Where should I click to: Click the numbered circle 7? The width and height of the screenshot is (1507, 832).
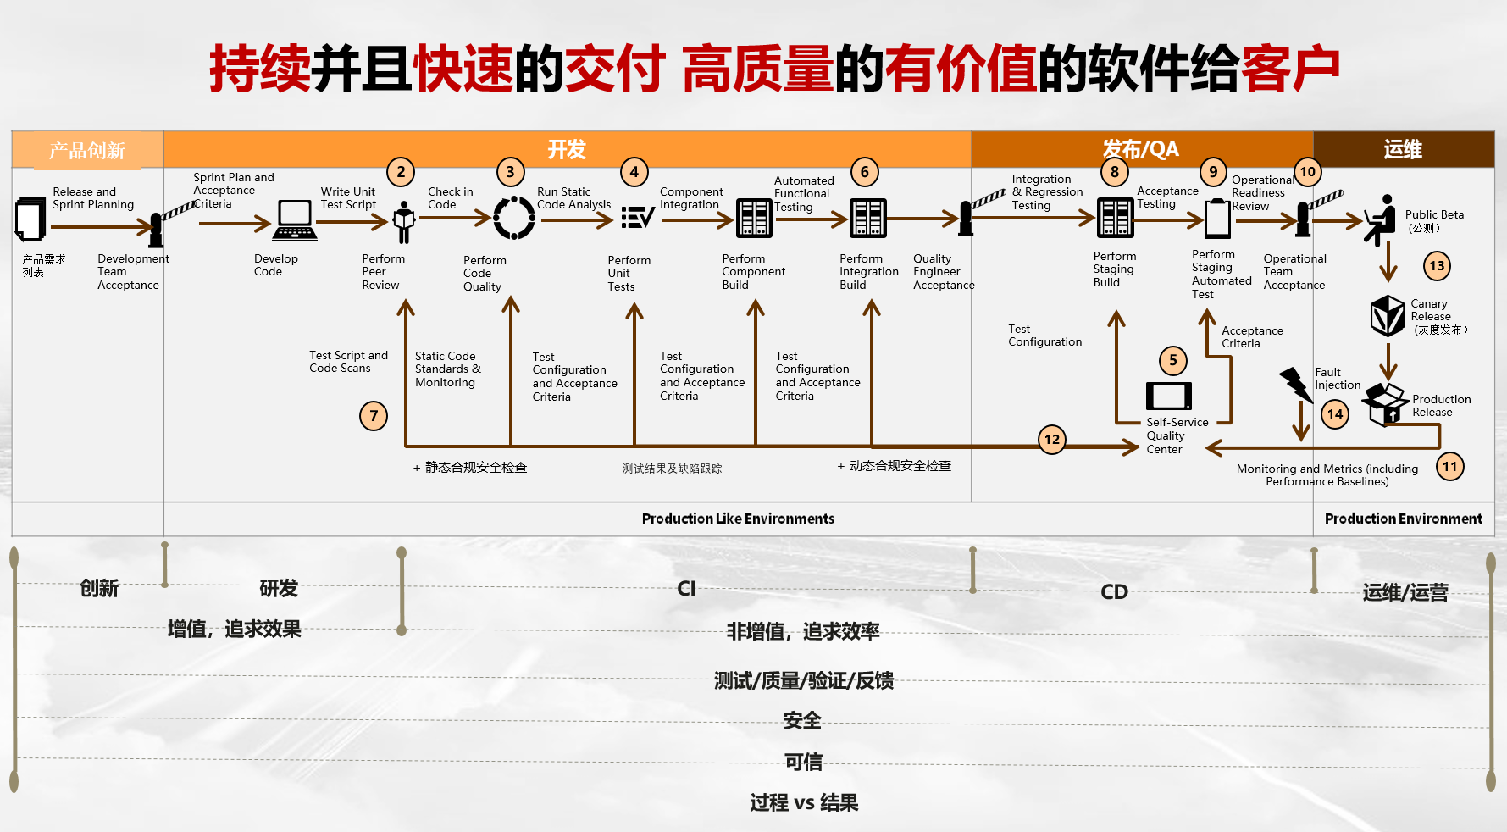click(374, 416)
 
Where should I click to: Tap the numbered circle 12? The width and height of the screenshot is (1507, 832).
click(1052, 440)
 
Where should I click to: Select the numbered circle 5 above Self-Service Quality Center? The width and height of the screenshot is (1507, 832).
click(1173, 360)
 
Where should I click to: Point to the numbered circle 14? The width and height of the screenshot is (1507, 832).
click(1335, 414)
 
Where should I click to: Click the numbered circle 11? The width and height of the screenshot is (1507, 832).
click(1450, 466)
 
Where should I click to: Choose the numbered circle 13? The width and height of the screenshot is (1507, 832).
click(1437, 266)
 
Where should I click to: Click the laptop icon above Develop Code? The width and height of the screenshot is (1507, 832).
click(295, 220)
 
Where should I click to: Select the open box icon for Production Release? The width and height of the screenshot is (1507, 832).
click(1385, 403)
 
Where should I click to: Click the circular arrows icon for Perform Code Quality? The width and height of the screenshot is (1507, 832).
click(514, 219)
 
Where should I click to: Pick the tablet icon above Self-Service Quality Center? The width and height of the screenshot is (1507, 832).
click(1168, 396)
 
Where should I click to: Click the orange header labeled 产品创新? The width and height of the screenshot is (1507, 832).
click(87, 150)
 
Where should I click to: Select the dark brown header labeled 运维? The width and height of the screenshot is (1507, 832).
click(1403, 150)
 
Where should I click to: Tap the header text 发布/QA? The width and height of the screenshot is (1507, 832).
click(1140, 150)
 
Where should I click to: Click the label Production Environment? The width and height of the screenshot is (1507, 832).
click(1403, 519)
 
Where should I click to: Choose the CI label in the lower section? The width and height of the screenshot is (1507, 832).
click(686, 589)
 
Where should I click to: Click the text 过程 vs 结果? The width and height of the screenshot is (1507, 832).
click(804, 802)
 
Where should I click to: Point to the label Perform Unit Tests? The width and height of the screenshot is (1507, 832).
click(629, 274)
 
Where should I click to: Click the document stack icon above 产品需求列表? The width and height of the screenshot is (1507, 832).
click(30, 219)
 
